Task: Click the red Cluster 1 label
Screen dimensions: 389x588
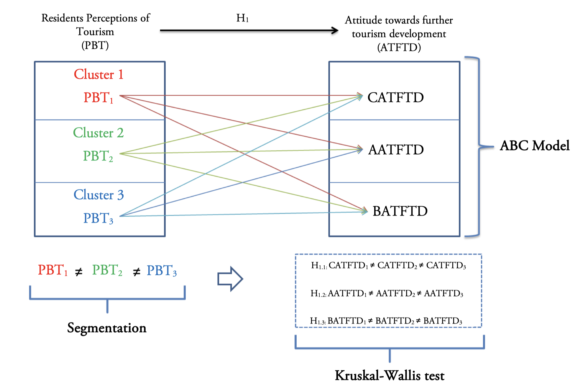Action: pos(98,74)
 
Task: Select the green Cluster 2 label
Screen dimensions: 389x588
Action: pos(98,133)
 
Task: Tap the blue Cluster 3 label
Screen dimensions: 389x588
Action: pos(98,195)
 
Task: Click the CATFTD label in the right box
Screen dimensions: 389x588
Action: pos(395,97)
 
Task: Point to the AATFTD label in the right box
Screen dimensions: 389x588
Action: pos(396,150)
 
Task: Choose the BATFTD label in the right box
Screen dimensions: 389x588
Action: pos(400,211)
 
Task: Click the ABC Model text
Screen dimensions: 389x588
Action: pos(535,146)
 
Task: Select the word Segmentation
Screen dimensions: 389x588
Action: pos(107,328)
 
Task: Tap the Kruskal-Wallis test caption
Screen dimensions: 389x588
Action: pos(390,375)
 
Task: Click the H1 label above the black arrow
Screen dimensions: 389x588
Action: pos(242,18)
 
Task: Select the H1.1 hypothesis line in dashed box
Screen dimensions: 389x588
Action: pos(388,265)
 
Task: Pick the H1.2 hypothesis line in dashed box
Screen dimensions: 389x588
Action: pos(387,293)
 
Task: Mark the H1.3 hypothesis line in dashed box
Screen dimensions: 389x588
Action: pos(386,321)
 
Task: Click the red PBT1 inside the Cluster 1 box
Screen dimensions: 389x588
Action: pos(98,97)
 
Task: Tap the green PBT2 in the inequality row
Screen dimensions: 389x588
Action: pos(107,270)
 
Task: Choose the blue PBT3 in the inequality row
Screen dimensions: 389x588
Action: pos(162,270)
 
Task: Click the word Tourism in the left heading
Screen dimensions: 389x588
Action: pos(95,32)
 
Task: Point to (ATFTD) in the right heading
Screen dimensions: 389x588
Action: pos(399,47)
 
